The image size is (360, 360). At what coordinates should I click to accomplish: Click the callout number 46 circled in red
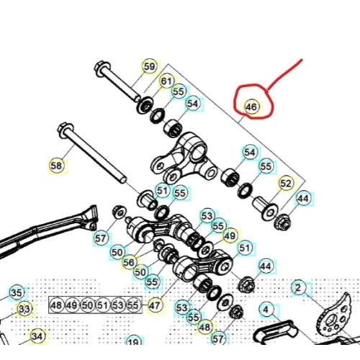pos(251,107)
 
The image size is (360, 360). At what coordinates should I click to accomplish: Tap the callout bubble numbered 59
pos(149,66)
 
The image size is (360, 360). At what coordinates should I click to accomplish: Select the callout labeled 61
pos(167,81)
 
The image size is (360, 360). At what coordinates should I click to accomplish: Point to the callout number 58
pos(57,166)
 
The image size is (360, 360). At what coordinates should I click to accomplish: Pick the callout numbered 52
pos(286,184)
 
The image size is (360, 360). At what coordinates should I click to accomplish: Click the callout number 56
pos(129,263)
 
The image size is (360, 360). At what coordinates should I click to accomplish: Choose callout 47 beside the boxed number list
pos(155,305)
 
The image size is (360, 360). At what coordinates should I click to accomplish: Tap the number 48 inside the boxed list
pos(57,305)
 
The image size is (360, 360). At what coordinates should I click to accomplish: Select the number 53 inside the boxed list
pos(118,305)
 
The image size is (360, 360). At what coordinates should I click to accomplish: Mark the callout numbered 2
pos(299,287)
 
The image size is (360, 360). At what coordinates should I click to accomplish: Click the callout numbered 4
pos(266,310)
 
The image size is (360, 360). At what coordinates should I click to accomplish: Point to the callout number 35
pos(17,293)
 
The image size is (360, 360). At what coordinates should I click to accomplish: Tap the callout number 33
pos(24,309)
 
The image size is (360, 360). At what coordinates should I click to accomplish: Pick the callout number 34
pos(37,336)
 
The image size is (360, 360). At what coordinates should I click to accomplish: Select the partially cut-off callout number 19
pos(134,341)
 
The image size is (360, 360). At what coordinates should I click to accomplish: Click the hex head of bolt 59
pos(102,68)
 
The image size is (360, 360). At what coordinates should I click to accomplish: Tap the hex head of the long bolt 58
pos(65,130)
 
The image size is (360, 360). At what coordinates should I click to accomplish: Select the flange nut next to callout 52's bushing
pos(282,222)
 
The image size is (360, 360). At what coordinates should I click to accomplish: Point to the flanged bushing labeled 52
pos(265,208)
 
